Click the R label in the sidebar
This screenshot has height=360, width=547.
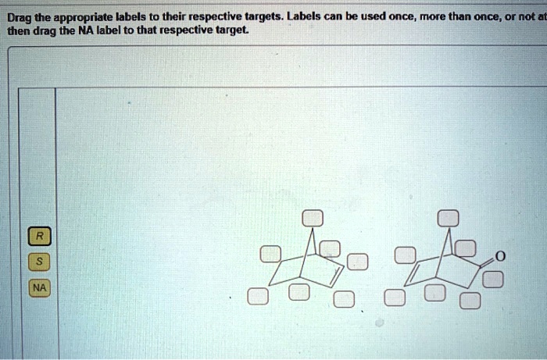point(39,235)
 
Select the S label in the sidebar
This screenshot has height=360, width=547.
point(39,262)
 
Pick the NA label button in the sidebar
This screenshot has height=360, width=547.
point(39,288)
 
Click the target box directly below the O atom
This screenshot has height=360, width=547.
point(493,279)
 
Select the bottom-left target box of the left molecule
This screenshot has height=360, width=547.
point(257,297)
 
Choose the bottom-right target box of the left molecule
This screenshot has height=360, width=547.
point(344,299)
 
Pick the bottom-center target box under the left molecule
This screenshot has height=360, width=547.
point(299,292)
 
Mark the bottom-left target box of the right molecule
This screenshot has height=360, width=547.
point(394,297)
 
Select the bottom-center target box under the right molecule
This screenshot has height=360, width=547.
point(434,292)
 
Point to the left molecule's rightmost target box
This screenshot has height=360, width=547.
point(357,261)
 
